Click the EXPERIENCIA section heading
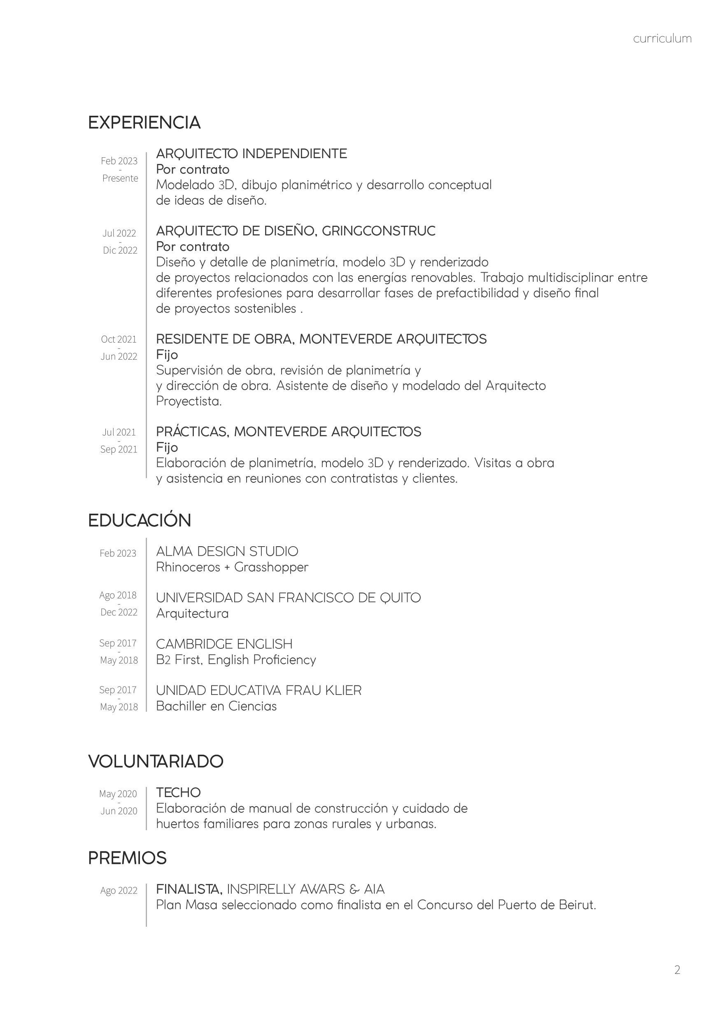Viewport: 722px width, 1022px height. pyautogui.click(x=144, y=122)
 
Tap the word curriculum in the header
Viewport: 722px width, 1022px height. pyautogui.click(x=662, y=39)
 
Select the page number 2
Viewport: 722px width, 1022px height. pyautogui.click(x=677, y=970)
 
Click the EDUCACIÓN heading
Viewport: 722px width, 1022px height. pyautogui.click(x=139, y=520)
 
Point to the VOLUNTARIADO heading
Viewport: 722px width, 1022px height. pyautogui.click(x=156, y=761)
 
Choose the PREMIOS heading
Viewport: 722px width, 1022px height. pyautogui.click(x=127, y=858)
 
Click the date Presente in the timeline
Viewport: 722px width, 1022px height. pyautogui.click(x=120, y=178)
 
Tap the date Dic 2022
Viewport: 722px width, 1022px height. pyautogui.click(x=120, y=250)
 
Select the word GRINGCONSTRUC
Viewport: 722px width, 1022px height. pyautogui.click(x=379, y=231)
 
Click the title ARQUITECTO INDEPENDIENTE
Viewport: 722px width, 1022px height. pyautogui.click(x=252, y=154)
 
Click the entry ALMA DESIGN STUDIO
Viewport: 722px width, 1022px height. pyautogui.click(x=227, y=552)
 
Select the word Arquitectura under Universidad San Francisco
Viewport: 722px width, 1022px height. pyautogui.click(x=192, y=613)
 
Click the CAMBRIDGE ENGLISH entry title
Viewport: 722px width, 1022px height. pyautogui.click(x=224, y=644)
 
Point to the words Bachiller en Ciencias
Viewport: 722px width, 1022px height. pyautogui.click(x=216, y=706)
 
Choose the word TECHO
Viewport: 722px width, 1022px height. pyautogui.click(x=178, y=793)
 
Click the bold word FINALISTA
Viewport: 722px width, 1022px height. pyautogui.click(x=189, y=889)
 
